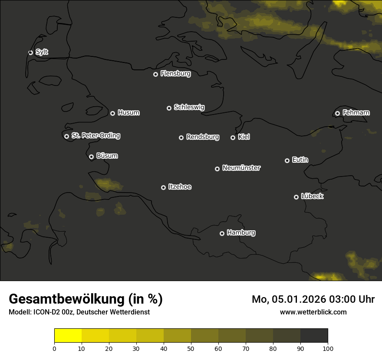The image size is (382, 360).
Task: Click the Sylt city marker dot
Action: [x=30, y=53]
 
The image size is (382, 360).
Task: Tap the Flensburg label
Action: [x=175, y=74]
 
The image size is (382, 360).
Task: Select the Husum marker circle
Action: [x=112, y=113]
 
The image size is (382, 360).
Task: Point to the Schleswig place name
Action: [x=189, y=107]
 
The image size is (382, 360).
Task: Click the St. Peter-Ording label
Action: [x=95, y=136]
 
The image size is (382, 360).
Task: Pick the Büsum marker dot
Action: [x=91, y=157]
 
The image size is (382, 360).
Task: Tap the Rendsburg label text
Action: [x=202, y=137]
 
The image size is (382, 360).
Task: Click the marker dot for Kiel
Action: [x=233, y=138]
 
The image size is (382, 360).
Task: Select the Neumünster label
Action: [x=241, y=168]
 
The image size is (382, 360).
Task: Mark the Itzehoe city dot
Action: [x=163, y=188]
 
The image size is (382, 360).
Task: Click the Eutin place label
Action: [x=300, y=160]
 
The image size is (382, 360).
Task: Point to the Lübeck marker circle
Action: [x=296, y=197]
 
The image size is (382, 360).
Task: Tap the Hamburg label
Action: [x=241, y=233]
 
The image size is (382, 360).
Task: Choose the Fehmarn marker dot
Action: [x=337, y=114]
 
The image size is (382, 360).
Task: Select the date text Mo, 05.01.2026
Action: [x=287, y=299]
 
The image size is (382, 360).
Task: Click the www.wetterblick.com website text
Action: [x=313, y=312]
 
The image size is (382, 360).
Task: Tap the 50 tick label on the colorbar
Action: [x=191, y=348]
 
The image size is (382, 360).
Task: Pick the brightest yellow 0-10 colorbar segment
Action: [x=68, y=336]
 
